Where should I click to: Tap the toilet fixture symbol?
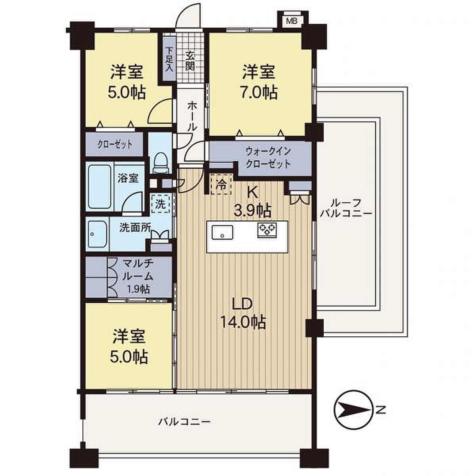[161, 162]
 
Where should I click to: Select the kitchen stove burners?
[267, 230]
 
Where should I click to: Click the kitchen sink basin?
[222, 232]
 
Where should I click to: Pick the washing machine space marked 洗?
[161, 204]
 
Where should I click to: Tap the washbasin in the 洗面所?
[98, 233]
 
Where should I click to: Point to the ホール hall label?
[192, 116]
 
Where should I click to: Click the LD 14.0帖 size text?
[243, 315]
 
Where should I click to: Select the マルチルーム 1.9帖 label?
[138, 276]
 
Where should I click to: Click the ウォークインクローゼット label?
[268, 158]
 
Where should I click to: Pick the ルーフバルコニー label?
[346, 209]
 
